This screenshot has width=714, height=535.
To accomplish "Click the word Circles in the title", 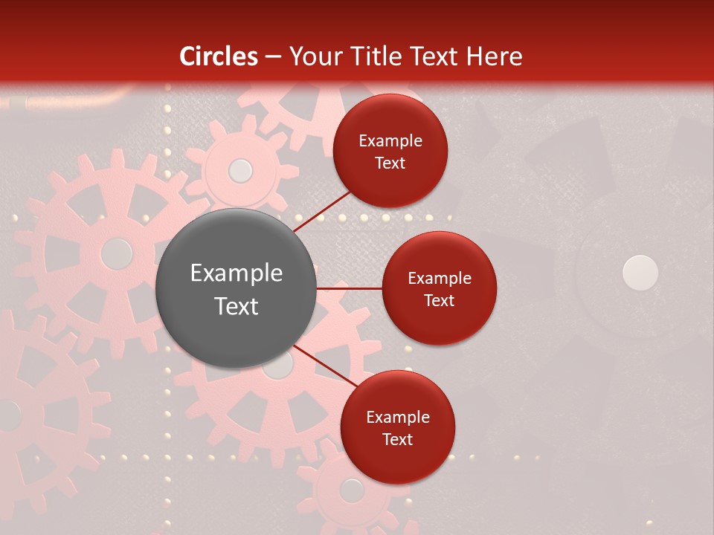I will (219, 56).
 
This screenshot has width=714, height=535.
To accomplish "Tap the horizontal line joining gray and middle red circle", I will (349, 288).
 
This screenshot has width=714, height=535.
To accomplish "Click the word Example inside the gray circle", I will (237, 273).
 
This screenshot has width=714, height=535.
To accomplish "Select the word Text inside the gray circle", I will (237, 306).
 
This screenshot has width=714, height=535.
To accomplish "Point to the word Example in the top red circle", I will (390, 141).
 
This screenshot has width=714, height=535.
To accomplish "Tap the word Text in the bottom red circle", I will (397, 440).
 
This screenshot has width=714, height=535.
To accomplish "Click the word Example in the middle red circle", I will (440, 279).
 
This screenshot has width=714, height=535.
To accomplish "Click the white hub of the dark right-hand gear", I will (640, 273).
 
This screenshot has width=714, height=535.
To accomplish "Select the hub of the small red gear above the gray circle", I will (240, 171).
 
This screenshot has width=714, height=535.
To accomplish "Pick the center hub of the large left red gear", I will (116, 253).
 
